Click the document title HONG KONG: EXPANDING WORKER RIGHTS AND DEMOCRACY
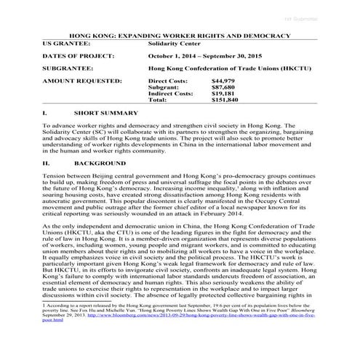(180, 34)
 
